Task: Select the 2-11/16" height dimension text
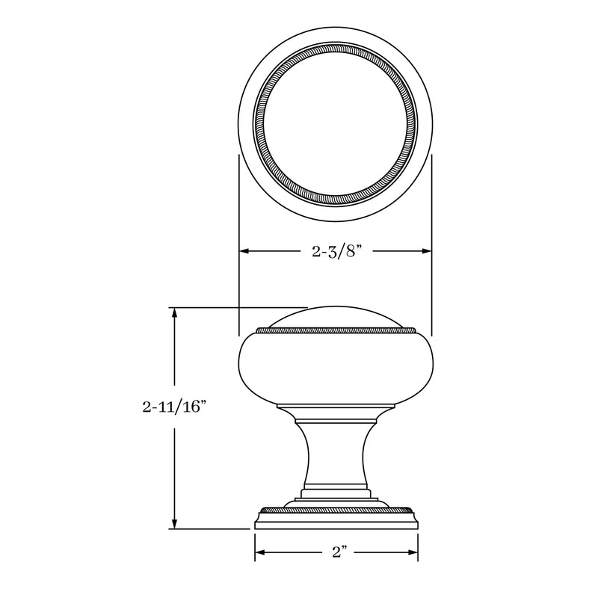pyautogui.click(x=173, y=407)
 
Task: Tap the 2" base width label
pyautogui.click(x=339, y=553)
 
